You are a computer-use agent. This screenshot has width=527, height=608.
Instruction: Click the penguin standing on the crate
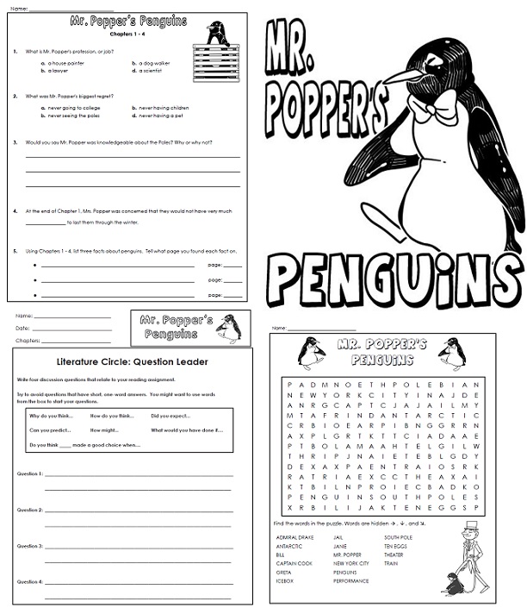(217, 34)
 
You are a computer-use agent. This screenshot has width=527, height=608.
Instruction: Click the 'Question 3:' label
(30, 546)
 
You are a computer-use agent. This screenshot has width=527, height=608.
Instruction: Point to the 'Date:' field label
(23, 328)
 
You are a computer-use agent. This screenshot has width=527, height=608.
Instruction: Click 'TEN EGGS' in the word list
(396, 546)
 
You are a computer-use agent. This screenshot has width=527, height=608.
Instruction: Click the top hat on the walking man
(470, 526)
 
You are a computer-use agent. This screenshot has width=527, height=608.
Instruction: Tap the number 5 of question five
(15, 251)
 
